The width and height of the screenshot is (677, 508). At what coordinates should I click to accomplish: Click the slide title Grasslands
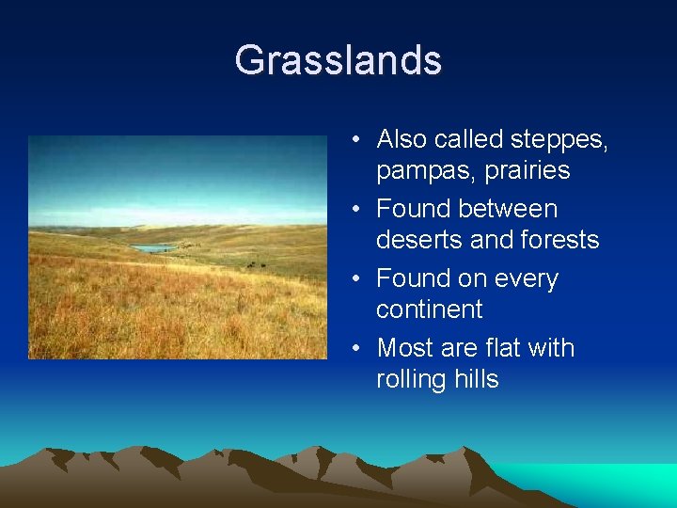338,59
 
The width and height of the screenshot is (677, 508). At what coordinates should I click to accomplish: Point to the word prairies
527,169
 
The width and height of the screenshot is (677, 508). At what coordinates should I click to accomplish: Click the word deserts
419,240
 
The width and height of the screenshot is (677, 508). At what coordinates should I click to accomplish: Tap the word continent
429,309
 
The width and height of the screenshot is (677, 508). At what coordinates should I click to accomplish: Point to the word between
508,209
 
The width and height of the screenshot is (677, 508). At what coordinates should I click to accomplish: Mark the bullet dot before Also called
355,139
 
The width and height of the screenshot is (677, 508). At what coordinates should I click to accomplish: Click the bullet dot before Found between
355,209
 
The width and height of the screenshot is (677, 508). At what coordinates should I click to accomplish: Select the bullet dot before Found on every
355,278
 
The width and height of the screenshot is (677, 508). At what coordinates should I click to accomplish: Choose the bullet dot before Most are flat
355,348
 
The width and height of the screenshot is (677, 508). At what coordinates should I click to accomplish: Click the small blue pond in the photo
153,248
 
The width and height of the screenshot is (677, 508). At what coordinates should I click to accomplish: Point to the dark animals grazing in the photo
257,264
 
